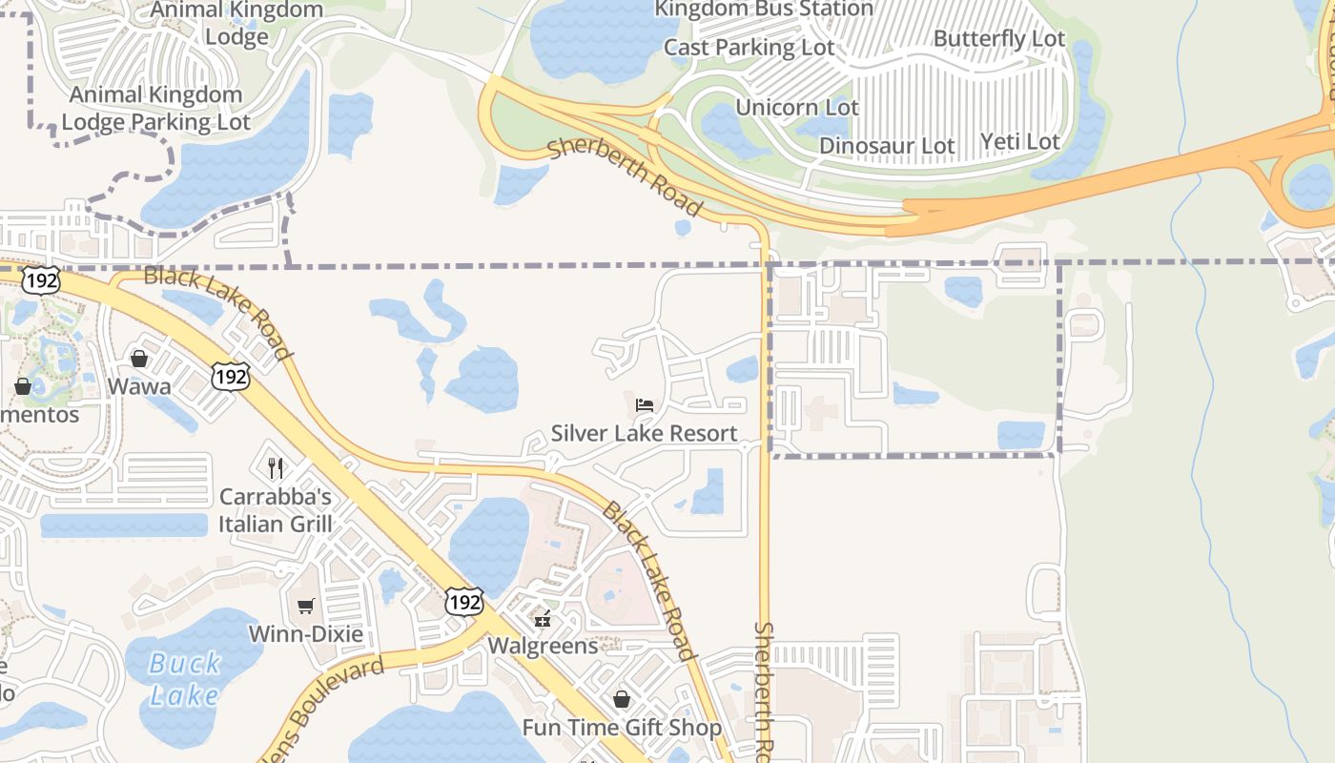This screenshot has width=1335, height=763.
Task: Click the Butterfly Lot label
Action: pyautogui.click(x=998, y=39)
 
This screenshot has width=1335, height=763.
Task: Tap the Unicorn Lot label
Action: pyautogui.click(x=797, y=107)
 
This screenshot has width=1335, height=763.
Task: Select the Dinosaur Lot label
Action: pyautogui.click(x=887, y=146)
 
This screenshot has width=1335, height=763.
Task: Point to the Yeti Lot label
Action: pyautogui.click(x=1019, y=142)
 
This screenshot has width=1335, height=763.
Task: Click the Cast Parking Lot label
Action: pyautogui.click(x=749, y=47)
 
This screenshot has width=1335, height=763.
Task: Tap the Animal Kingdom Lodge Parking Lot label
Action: pyautogui.click(x=156, y=108)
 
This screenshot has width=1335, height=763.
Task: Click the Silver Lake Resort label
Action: pyautogui.click(x=644, y=433)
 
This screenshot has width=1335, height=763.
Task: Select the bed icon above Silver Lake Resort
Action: pyautogui.click(x=645, y=405)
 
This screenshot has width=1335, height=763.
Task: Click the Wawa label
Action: pyautogui.click(x=139, y=386)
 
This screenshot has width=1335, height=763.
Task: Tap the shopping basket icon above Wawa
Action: pyautogui.click(x=139, y=359)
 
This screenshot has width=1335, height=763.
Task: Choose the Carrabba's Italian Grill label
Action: pyautogui.click(x=276, y=510)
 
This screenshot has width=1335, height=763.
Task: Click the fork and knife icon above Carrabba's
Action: pyautogui.click(x=276, y=467)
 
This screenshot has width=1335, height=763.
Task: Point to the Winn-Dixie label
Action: pyautogui.click(x=305, y=633)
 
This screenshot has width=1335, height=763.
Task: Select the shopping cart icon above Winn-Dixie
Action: pyautogui.click(x=306, y=607)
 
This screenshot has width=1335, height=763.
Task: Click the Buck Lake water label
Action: pyautogui.click(x=184, y=678)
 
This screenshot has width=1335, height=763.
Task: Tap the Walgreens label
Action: pyautogui.click(x=543, y=646)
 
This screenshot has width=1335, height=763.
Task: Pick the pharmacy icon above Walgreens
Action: pyautogui.click(x=543, y=620)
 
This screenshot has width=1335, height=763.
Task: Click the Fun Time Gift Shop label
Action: pyautogui.click(x=622, y=728)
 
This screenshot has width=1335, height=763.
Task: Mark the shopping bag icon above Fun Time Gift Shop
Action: pyautogui.click(x=622, y=700)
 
